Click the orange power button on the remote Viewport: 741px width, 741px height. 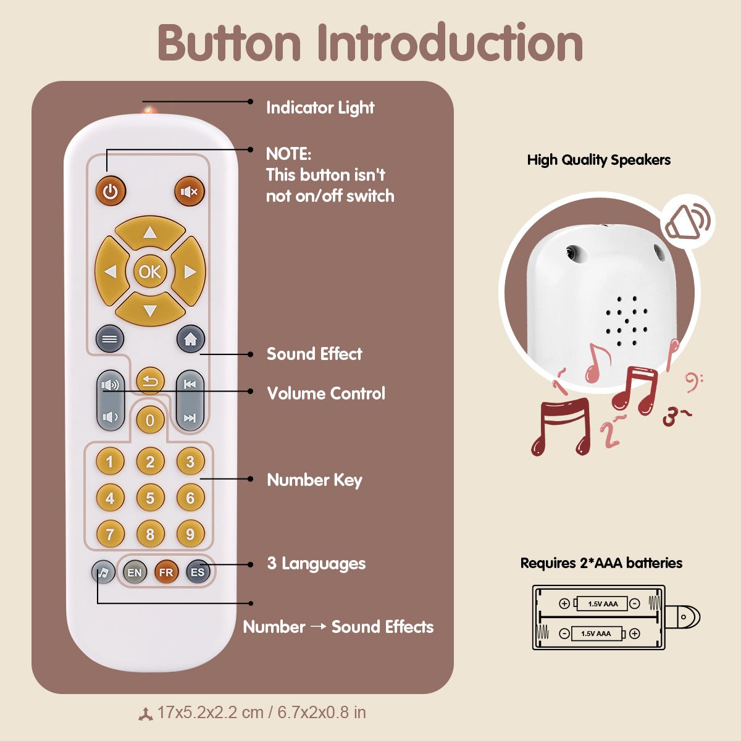click(x=111, y=192)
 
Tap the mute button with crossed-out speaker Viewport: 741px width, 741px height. click(x=189, y=192)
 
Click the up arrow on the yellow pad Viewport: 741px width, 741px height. click(x=150, y=233)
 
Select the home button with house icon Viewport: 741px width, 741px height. click(x=190, y=339)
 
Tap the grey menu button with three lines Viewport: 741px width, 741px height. click(x=110, y=339)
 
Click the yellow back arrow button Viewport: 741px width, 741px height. click(x=150, y=381)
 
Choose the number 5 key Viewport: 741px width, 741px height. click(x=150, y=498)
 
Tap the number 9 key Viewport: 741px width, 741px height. click(x=190, y=534)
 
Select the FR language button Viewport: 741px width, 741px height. click(x=166, y=572)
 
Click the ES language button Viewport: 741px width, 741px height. click(x=198, y=572)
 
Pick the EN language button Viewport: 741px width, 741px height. click(x=134, y=572)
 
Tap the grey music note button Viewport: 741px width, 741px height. click(x=103, y=572)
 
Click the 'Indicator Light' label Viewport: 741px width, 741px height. click(x=320, y=108)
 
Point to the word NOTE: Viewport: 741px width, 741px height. click(x=288, y=154)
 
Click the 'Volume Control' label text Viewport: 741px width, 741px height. click(x=326, y=394)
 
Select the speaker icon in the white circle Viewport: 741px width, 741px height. click(x=687, y=222)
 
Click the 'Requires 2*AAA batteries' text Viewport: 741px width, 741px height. click(x=601, y=563)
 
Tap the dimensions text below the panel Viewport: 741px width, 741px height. click(x=261, y=713)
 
